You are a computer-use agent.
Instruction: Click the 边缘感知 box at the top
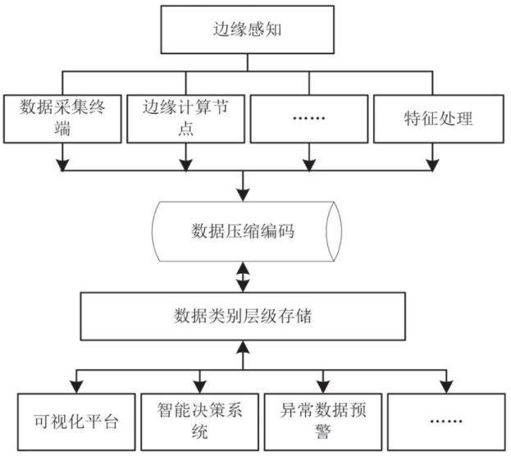(x=248, y=30)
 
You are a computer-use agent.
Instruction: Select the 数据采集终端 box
(x=62, y=119)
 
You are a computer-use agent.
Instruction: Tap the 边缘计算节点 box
(x=185, y=119)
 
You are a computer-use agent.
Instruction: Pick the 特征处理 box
(x=438, y=119)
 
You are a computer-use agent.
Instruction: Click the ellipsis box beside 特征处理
(x=309, y=119)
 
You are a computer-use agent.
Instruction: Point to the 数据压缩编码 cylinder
(x=247, y=231)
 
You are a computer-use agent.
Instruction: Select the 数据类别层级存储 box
(x=243, y=317)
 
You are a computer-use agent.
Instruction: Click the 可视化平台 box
(x=76, y=422)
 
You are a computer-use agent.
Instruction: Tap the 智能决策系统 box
(x=199, y=422)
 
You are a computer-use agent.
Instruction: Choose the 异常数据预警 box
(x=322, y=422)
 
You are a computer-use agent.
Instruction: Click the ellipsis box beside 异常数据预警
(x=446, y=422)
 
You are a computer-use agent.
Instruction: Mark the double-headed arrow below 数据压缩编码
(x=243, y=277)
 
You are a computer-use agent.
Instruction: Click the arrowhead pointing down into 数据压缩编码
(x=243, y=195)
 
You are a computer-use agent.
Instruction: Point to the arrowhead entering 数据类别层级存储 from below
(x=243, y=347)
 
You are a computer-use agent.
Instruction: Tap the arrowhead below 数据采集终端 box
(x=62, y=165)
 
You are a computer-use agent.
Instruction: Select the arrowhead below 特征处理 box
(x=432, y=165)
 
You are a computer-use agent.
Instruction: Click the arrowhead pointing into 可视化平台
(x=76, y=387)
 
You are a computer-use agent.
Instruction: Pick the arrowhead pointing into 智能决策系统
(x=200, y=387)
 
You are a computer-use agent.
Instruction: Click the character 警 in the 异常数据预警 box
(x=323, y=431)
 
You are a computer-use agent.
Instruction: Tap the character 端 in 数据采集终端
(x=62, y=128)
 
